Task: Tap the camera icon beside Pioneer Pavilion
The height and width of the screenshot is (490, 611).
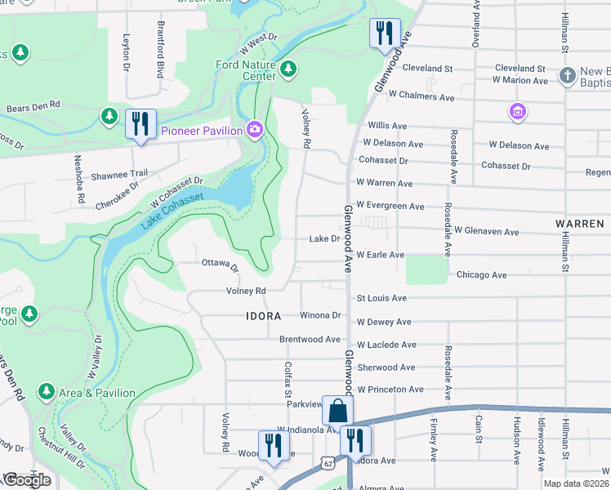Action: coord(255,130)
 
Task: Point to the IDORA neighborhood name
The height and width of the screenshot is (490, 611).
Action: coord(264,315)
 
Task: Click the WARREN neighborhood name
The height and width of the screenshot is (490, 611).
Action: coord(579,223)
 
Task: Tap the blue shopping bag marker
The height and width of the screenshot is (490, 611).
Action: coord(338,411)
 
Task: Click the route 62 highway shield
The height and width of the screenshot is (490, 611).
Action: coord(328,462)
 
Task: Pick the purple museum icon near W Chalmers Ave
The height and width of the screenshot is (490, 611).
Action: coord(516,111)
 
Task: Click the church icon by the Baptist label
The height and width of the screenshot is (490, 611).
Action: coord(567,76)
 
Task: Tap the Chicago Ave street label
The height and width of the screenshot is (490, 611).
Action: coord(482,275)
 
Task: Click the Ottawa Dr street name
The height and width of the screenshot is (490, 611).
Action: coord(220,265)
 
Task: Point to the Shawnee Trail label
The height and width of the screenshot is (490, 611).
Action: coord(119,173)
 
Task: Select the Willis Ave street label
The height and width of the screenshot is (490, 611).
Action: coord(387,126)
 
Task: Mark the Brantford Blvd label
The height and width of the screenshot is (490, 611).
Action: coord(161,49)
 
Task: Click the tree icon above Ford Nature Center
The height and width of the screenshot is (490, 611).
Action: coord(288,69)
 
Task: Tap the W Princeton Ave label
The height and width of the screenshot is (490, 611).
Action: coord(390,390)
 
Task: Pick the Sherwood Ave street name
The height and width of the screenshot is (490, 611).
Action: coord(386,367)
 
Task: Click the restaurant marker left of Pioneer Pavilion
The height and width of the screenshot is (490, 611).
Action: coord(140,124)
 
